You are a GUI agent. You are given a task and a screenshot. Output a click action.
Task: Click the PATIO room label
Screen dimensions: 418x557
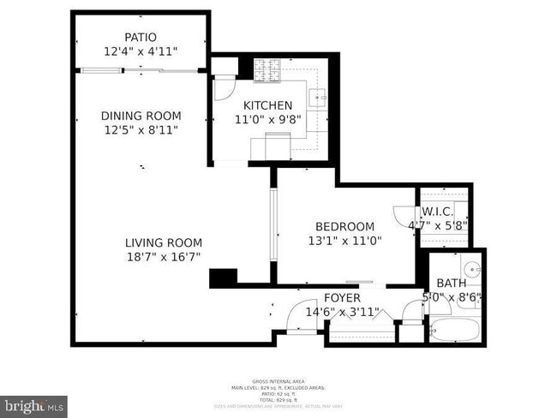click(x=141, y=37)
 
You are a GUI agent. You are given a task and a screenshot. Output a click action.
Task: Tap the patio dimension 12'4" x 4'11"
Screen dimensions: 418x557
click(x=141, y=51)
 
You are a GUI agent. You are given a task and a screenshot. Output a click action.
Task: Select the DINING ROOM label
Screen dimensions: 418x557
click(x=141, y=116)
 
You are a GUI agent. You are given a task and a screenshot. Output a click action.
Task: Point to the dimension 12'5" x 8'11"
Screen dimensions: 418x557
click(x=141, y=130)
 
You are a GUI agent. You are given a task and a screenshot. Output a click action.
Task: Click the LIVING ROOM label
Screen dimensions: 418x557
click(x=163, y=242)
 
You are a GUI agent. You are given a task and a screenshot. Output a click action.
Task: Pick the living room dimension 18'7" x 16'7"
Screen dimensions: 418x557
click(x=163, y=257)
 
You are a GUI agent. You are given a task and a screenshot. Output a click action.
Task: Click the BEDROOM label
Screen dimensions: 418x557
click(x=344, y=226)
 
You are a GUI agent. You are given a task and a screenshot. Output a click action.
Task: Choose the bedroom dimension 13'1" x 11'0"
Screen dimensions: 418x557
click(x=344, y=241)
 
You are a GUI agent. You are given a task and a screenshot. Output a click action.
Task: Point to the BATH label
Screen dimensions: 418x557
click(x=452, y=284)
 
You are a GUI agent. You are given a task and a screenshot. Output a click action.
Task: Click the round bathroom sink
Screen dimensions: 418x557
click(x=470, y=266)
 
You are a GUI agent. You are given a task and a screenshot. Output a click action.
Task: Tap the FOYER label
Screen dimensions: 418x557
click(x=342, y=297)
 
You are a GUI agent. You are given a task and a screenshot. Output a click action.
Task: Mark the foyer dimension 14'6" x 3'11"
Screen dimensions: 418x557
click(x=342, y=312)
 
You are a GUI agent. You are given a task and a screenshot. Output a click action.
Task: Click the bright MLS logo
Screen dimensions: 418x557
click(x=34, y=403)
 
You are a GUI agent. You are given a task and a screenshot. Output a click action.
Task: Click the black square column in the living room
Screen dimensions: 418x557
click(x=223, y=278)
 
